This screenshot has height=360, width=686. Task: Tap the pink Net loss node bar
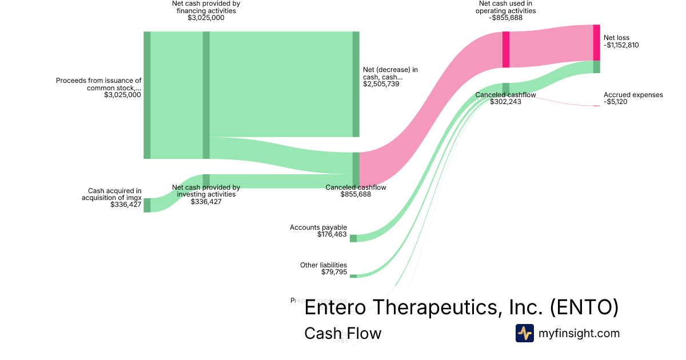click(596, 42)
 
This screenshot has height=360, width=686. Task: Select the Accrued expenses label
click(633, 95)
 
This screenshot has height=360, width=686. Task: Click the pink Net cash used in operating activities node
click(506, 50)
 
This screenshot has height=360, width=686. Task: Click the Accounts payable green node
click(353, 238)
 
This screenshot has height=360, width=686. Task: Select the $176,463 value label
click(332, 234)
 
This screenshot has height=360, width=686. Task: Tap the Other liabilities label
click(324, 265)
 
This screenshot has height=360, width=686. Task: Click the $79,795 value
click(334, 272)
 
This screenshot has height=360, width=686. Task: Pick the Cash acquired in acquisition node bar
click(147, 205)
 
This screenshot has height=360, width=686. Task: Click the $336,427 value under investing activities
click(206, 202)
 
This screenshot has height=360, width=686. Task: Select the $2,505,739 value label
click(381, 84)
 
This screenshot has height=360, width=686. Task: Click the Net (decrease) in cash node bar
click(356, 84)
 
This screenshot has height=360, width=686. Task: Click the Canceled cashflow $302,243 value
click(506, 102)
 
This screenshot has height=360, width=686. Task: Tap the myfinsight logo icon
click(524, 333)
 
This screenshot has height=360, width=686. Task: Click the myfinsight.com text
click(579, 333)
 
